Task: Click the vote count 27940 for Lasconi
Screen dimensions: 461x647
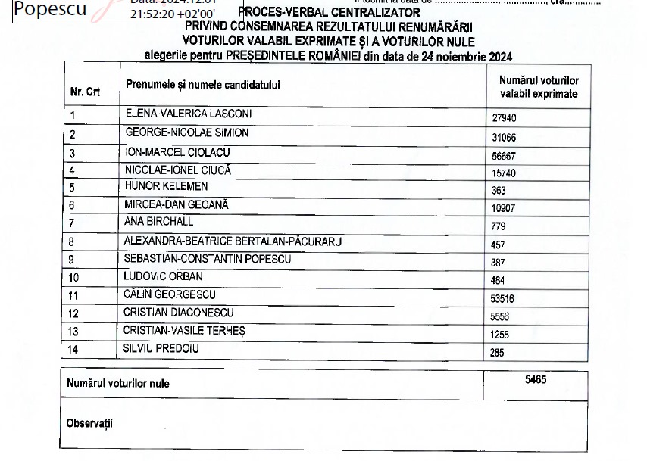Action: click(505, 119)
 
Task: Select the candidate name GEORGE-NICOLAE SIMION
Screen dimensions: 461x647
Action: click(186, 133)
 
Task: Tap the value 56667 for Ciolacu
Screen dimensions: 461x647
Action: click(505, 155)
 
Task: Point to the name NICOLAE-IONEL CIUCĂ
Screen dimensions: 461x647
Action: click(178, 170)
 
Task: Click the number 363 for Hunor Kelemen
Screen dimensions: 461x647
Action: click(499, 191)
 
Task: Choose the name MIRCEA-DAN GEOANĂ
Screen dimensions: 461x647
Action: click(177, 204)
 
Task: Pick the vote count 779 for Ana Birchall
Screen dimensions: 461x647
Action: click(499, 226)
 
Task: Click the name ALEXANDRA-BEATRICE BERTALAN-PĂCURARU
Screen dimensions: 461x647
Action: click(233, 241)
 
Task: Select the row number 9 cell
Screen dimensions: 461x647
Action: click(73, 260)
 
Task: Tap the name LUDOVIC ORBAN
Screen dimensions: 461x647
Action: click(164, 276)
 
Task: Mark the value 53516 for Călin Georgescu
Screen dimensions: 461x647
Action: click(505, 299)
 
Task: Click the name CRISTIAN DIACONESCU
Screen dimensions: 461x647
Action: click(179, 313)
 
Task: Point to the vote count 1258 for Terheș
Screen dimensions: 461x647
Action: click(501, 335)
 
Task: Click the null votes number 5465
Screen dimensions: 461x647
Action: click(536, 380)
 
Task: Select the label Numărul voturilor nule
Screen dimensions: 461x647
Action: click(118, 384)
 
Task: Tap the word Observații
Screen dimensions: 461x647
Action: click(89, 423)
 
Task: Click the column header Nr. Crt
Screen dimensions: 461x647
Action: click(86, 92)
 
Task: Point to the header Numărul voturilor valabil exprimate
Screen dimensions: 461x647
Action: click(539, 87)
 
